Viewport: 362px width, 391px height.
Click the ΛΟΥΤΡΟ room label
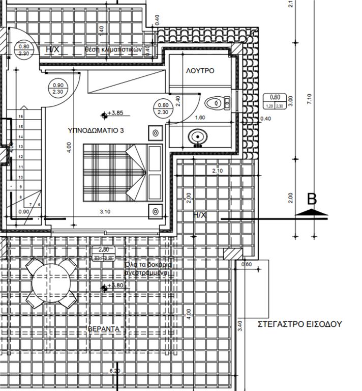click(x=200, y=71)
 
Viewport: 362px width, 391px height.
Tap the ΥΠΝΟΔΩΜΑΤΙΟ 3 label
click(x=96, y=131)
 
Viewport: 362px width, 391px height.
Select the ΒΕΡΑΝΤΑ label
click(x=104, y=329)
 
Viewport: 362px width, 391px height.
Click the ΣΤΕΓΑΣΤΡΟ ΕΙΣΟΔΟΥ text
click(x=300, y=324)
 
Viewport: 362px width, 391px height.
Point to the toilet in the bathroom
click(x=217, y=103)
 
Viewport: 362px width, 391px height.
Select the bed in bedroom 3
click(x=122, y=172)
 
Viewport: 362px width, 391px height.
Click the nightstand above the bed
click(x=156, y=133)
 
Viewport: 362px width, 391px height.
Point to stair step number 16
click(x=21, y=117)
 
